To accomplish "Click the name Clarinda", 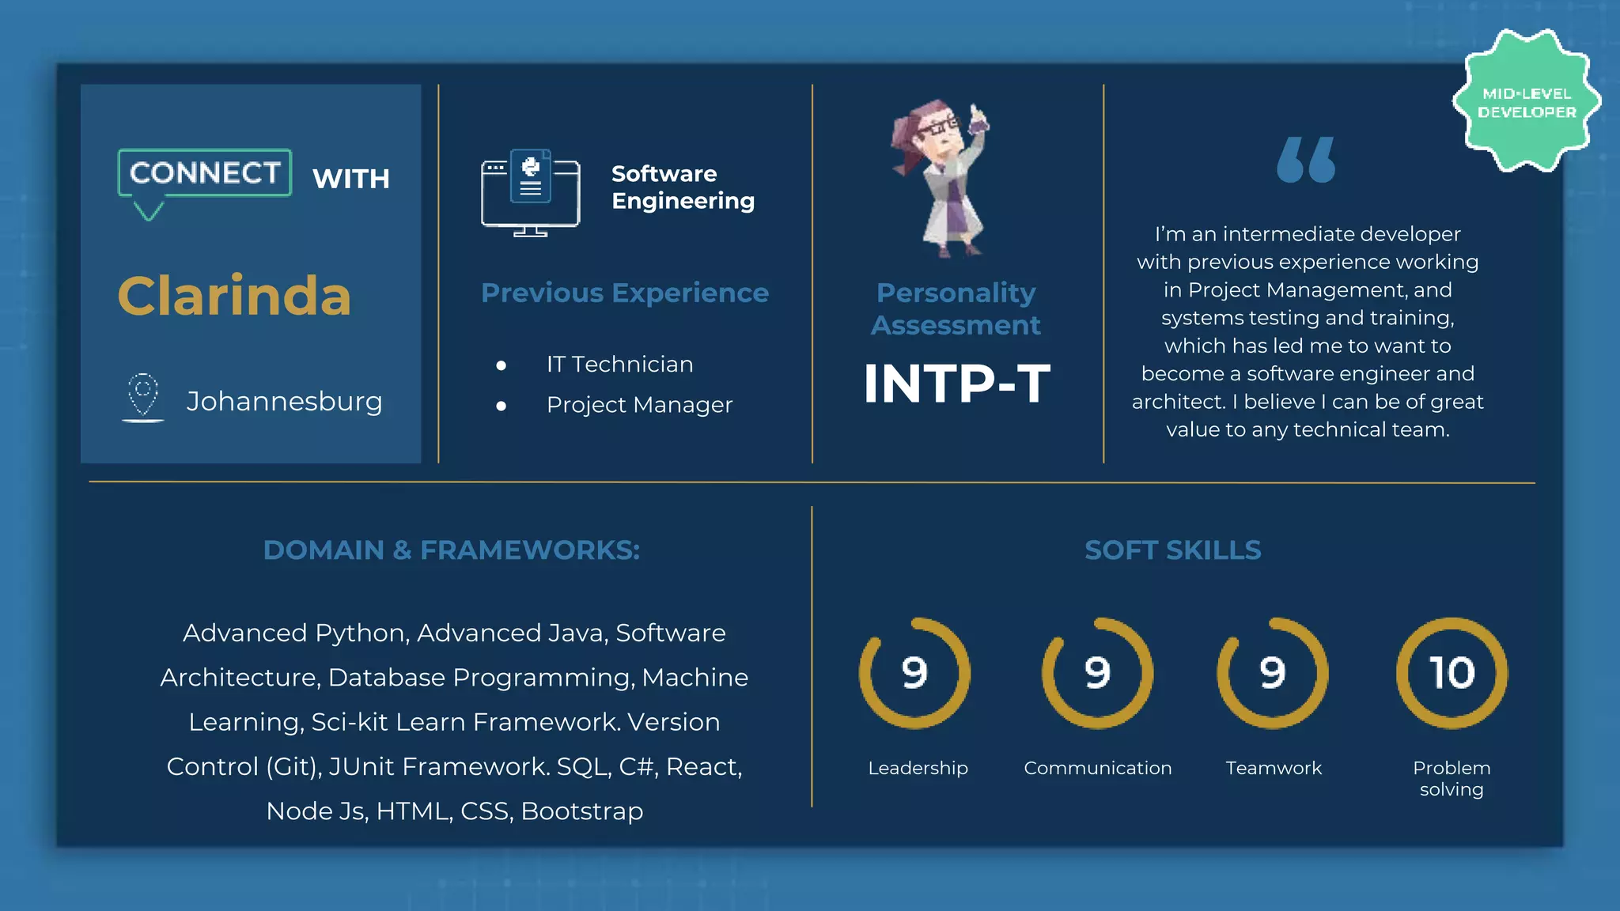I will click(234, 297).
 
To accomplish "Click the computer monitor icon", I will click(530, 193).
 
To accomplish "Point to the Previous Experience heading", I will click(625, 293).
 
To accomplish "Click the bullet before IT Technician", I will click(501, 365).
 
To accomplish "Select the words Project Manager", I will click(639, 405).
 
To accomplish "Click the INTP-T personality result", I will click(956, 384).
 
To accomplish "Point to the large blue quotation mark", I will click(1306, 160).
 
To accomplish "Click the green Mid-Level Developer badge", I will click(1527, 102).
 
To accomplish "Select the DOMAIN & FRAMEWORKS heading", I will click(451, 550).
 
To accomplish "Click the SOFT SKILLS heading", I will click(1172, 550).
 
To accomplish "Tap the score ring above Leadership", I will click(914, 673).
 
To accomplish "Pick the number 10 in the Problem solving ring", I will click(1452, 673).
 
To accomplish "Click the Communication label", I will click(1097, 768).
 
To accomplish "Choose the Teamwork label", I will click(1274, 768).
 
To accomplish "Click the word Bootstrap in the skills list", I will click(582, 811).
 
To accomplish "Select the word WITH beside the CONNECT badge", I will click(351, 179).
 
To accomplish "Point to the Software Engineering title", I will click(683, 187).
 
